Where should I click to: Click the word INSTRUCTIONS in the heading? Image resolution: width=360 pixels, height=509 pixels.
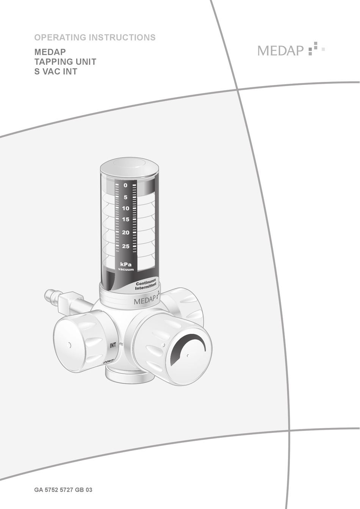coord(122,37)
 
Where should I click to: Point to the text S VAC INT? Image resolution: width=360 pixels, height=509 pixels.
coord(56,71)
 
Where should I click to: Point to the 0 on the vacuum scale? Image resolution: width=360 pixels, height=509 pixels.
coord(125,185)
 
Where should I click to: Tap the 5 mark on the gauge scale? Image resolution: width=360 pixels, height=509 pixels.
coord(125,197)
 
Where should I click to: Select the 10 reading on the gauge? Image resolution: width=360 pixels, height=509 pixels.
coord(125,208)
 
